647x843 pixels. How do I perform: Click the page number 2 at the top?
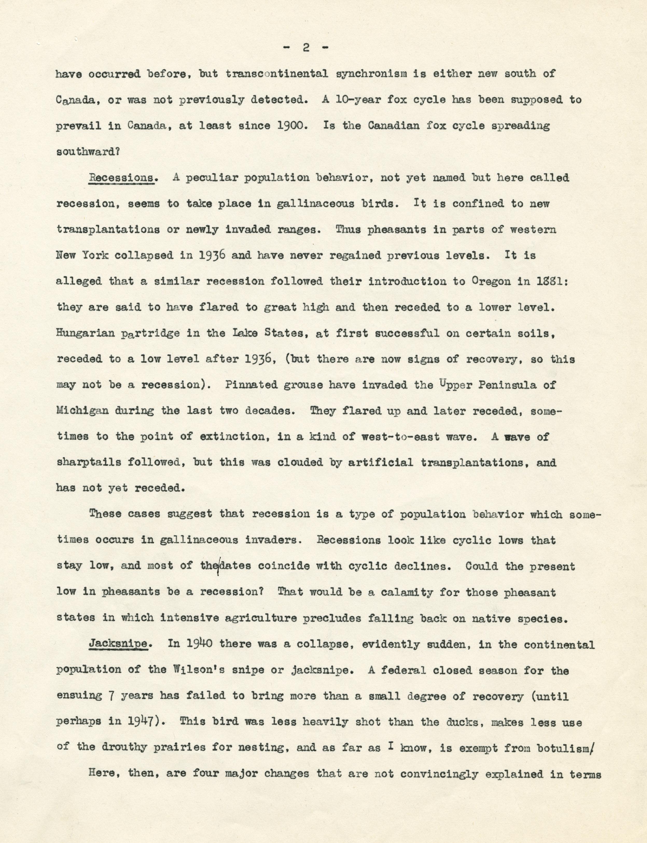click(x=306, y=48)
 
